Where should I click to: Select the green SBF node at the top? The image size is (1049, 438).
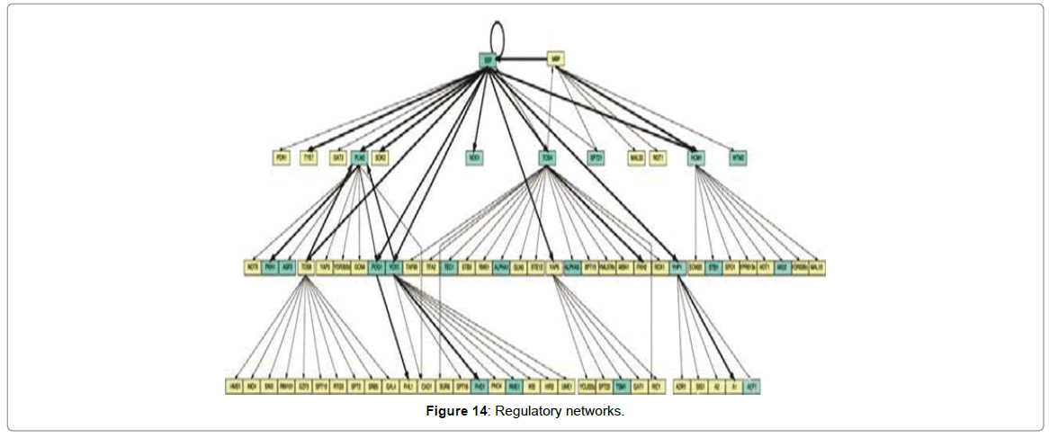488,59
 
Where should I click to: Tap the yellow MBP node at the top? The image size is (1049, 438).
556,59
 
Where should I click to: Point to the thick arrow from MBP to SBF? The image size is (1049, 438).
523,59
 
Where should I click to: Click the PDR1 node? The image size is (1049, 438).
282,157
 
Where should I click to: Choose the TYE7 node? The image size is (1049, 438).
309,157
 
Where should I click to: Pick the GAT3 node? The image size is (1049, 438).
337,157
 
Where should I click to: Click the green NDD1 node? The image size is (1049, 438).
475,157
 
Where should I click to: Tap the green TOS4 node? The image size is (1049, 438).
546,157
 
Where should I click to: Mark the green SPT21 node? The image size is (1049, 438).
595,157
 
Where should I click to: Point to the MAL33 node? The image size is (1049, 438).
637,157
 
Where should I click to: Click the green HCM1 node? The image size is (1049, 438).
695,157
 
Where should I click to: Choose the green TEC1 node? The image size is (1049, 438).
448,267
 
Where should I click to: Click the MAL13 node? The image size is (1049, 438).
817,267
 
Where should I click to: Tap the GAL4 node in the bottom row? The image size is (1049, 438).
390,387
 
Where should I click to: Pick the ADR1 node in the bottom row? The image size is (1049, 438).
681,387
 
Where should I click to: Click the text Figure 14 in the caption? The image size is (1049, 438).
456,411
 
